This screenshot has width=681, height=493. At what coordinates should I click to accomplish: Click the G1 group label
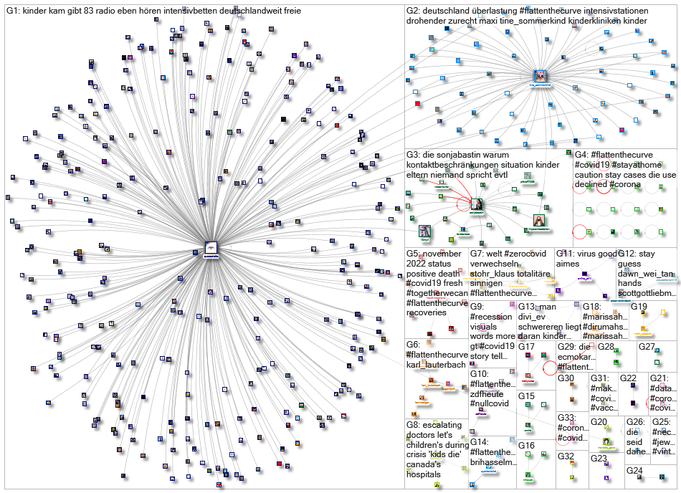13,11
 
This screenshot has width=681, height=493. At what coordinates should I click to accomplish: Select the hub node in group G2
541,76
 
